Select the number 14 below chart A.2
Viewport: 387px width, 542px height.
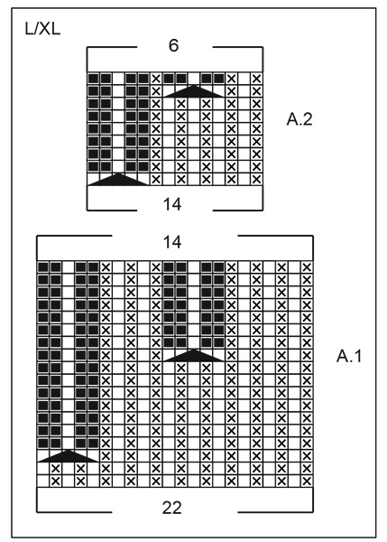click(173, 204)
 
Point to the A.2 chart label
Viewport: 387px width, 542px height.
click(300, 117)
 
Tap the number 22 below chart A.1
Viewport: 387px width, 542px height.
click(173, 507)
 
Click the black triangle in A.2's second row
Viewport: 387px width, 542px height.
click(192, 90)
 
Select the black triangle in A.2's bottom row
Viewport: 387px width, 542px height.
click(117, 179)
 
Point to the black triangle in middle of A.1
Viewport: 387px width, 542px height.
click(192, 355)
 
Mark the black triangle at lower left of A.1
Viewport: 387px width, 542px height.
click(67, 455)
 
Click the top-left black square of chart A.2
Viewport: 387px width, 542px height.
click(93, 78)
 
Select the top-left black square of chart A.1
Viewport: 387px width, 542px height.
click(41, 267)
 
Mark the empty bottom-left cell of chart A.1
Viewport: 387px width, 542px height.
click(41, 481)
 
